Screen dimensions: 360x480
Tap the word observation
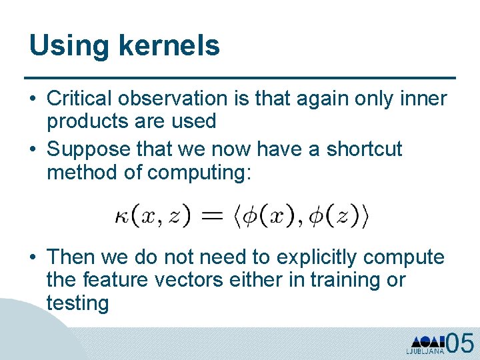(173, 99)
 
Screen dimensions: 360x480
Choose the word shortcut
(365, 149)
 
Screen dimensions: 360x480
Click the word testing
(77, 303)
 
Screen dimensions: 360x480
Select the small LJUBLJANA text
(425, 351)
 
